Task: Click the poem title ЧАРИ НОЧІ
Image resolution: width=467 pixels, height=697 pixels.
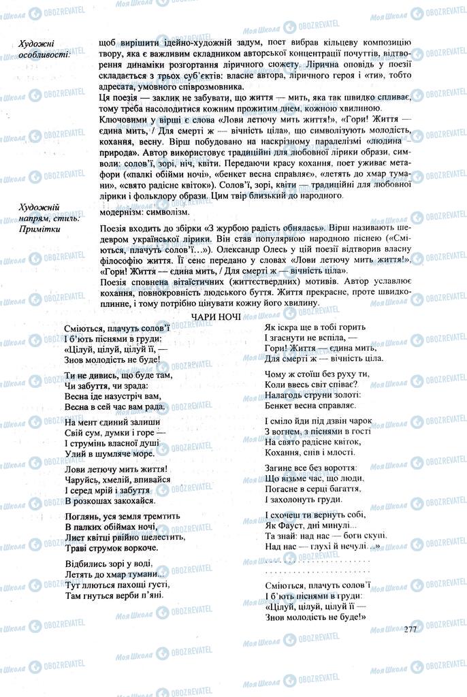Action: click(214, 317)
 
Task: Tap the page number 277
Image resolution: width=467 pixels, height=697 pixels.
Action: click(409, 629)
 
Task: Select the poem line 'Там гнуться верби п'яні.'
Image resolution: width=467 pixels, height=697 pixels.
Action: click(114, 594)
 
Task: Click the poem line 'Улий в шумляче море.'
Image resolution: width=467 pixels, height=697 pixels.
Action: click(110, 453)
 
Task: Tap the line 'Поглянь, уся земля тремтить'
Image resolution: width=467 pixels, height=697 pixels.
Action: click(123, 516)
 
